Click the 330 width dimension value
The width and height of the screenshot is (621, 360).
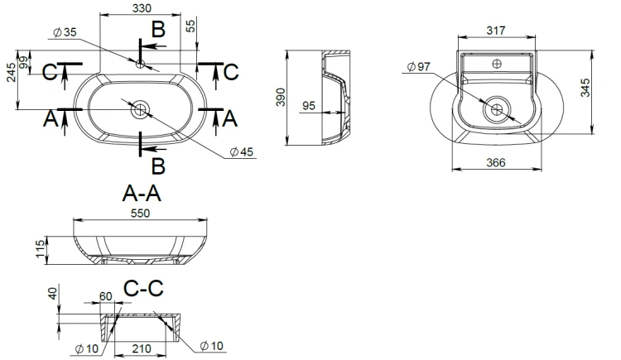142,8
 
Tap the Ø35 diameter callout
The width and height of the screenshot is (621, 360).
65,32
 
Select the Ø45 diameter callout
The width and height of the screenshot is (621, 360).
241,151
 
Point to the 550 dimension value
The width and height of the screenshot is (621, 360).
140,214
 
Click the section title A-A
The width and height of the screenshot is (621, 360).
142,194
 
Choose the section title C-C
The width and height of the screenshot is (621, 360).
143,288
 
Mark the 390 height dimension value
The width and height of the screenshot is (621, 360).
281,98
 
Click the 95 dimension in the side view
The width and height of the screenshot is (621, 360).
309,106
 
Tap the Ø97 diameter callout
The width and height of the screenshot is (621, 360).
419,66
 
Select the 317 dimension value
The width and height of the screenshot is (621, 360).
496,31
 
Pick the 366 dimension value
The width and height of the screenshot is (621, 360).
496,163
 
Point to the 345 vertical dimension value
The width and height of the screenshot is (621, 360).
585,88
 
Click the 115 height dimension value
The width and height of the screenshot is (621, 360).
41,249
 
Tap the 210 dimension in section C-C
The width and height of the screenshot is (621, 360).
142,348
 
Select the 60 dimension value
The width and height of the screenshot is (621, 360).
106,296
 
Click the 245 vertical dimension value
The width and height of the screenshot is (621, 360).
11,73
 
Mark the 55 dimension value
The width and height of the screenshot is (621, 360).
191,26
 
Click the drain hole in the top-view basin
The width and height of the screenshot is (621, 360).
141,109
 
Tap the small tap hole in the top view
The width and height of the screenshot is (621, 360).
140,64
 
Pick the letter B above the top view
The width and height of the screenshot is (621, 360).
158,29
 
